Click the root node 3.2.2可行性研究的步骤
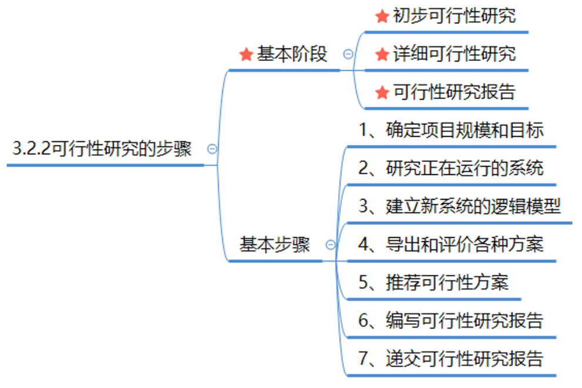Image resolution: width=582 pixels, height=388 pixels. coord(102,149)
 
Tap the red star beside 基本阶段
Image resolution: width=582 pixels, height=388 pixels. coord(246,55)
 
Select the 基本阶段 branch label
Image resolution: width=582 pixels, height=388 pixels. coord(292,55)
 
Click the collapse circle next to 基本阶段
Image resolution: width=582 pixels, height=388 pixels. coord(348,54)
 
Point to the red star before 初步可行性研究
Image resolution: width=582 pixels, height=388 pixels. coord(382,16)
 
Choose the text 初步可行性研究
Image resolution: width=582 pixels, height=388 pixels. coord(454,16)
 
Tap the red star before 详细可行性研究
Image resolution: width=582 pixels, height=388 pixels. coord(382,55)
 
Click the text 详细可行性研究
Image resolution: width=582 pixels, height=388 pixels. coord(454,54)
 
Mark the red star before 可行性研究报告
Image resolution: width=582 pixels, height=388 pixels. coord(382,92)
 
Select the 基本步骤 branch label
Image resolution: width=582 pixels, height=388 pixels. coord(274,245)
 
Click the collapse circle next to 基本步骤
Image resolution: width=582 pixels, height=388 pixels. coord(331,245)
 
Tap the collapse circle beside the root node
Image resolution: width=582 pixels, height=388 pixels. coord(213,149)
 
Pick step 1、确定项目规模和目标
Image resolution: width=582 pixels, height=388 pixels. coord(451,130)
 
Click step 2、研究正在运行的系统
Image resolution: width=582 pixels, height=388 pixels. coord(451,168)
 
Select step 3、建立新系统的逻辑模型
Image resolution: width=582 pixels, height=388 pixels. coord(460,206)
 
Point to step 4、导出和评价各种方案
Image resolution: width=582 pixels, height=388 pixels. coord(451,245)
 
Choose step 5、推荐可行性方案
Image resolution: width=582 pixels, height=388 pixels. coord(433,283)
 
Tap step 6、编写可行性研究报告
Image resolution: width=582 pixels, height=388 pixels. coord(451,321)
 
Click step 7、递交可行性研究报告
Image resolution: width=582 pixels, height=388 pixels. coord(451,359)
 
